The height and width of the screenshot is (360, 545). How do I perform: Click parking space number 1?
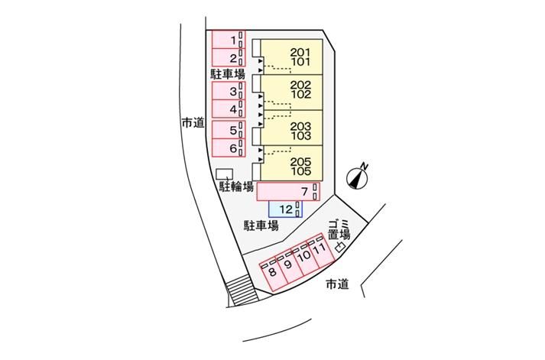(x=226, y=39)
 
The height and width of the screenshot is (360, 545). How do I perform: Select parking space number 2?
(x=226, y=57)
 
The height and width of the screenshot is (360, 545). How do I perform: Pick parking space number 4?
(x=226, y=109)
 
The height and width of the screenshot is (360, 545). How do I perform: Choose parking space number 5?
(x=226, y=129)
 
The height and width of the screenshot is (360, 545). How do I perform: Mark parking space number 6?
(x=226, y=147)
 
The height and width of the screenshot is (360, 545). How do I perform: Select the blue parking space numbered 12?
(x=285, y=209)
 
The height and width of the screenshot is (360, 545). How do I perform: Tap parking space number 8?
(x=272, y=272)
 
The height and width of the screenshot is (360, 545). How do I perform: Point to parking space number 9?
(x=288, y=266)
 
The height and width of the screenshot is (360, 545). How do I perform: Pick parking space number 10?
(x=304, y=260)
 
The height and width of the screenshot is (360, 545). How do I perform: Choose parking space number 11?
(x=320, y=253)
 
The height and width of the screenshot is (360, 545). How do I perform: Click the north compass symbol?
(x=358, y=177)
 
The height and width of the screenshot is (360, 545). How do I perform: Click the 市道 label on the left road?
(x=193, y=122)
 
